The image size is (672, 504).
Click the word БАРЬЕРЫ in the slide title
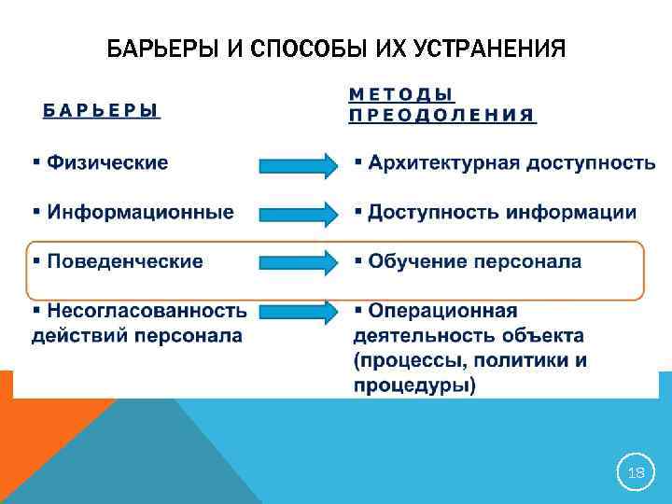pos(162,48)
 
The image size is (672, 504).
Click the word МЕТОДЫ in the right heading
pos(401,94)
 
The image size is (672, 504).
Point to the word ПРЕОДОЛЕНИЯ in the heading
pos(441,116)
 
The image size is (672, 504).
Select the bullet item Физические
pos(107,163)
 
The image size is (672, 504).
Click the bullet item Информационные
pos(140,212)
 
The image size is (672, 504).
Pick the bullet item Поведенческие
pos(124,261)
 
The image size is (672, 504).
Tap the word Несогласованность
pos(147,311)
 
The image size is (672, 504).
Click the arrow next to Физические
pos(297,165)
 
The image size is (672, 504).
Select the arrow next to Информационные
pos(297,214)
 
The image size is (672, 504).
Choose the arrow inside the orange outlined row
pos(297,262)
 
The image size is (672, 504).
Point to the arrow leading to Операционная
pos(297,312)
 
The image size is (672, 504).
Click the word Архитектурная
pos(443,163)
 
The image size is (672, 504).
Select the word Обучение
pos(414,261)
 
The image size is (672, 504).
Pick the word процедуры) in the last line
pos(414,385)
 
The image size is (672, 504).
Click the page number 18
pos(636,473)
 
